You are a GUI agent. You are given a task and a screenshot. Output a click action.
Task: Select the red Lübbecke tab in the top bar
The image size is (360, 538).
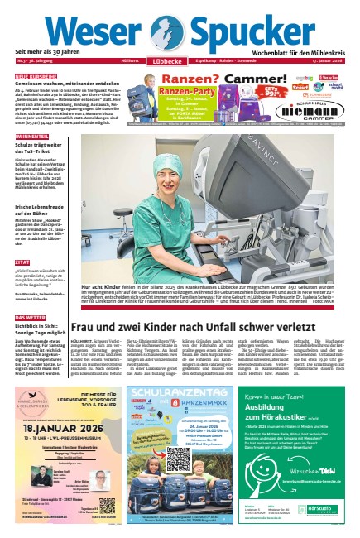point(166,60)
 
